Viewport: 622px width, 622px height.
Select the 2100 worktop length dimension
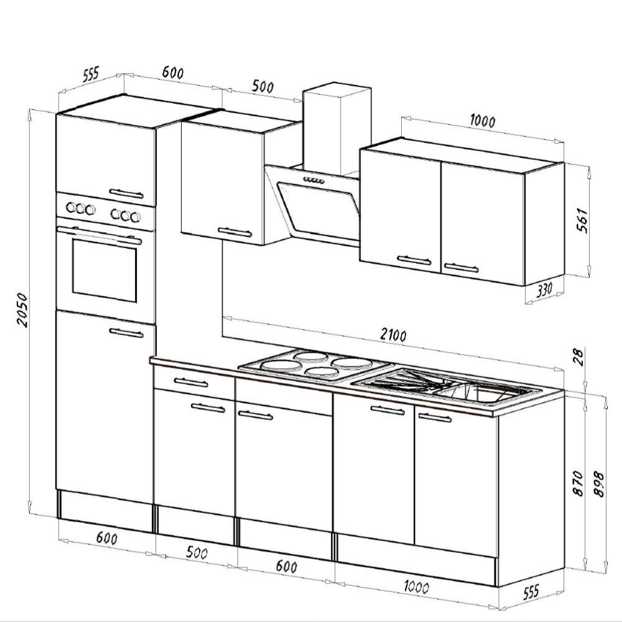(x=392, y=335)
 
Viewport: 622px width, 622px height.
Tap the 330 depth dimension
(x=542, y=290)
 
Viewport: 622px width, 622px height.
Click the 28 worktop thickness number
(x=579, y=358)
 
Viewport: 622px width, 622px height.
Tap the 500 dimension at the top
(x=262, y=86)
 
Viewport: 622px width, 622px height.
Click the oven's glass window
(x=104, y=272)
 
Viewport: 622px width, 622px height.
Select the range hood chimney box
(x=336, y=129)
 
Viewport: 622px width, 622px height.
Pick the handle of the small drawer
(x=191, y=382)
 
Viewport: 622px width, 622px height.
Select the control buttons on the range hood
(x=313, y=180)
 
